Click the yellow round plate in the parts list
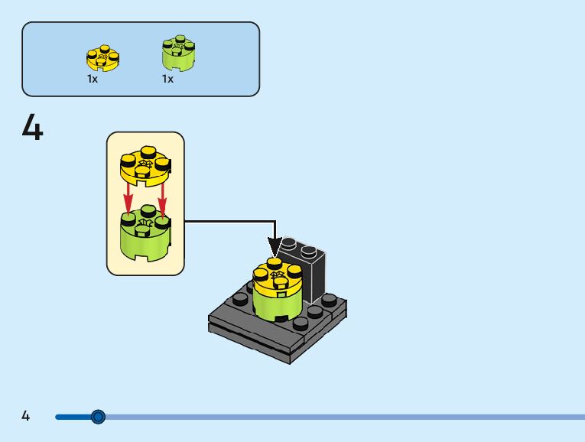(102, 59)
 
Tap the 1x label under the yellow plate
(93, 79)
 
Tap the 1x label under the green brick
(167, 79)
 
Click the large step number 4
(33, 128)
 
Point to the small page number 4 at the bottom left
(26, 416)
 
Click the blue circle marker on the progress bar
(98, 417)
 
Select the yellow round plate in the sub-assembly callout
(145, 167)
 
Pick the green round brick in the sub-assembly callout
(145, 237)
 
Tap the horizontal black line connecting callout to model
(229, 222)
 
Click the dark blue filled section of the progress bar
(73, 417)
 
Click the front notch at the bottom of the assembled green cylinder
(282, 317)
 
